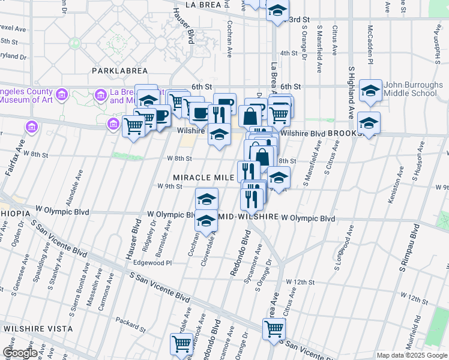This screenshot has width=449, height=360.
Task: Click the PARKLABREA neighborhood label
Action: [x=120, y=71]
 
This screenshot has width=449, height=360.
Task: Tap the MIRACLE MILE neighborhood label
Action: [x=202, y=178]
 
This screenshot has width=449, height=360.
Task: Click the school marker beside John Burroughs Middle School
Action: [x=371, y=92]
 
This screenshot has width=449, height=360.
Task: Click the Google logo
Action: [x=20, y=352]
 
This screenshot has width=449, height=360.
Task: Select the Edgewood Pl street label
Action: [x=152, y=263]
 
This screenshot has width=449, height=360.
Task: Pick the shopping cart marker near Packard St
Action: [x=181, y=344]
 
